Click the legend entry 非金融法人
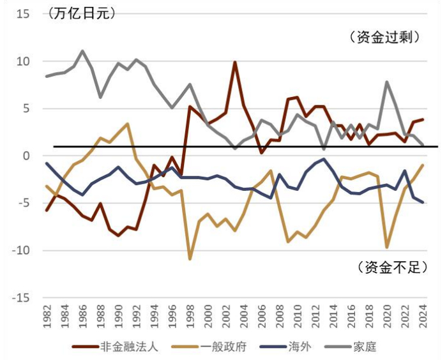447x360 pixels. (125, 347)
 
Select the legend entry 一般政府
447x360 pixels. (221, 347)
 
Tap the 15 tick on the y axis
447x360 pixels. (22, 14)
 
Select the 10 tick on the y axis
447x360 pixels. (22, 61)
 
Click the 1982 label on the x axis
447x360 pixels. (47, 317)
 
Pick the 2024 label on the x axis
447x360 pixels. (423, 317)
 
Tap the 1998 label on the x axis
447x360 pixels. (190, 317)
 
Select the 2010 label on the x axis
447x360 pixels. (298, 317)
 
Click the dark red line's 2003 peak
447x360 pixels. (235, 62)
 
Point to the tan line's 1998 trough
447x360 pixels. (190, 259)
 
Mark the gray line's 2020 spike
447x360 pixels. (387, 82)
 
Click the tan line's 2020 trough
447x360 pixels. (387, 247)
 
